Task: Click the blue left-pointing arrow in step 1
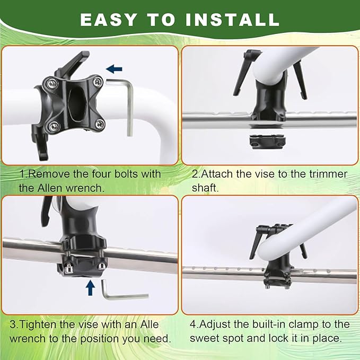[x=114, y=68]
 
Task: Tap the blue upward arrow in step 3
[x=90, y=287]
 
